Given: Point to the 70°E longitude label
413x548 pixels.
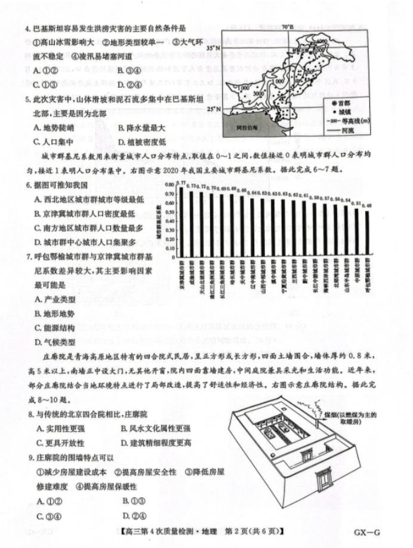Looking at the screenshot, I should click(x=288, y=27).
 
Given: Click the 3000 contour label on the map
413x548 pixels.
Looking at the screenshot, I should click(x=258, y=94).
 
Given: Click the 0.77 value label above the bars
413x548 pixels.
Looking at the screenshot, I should click(x=183, y=183).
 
